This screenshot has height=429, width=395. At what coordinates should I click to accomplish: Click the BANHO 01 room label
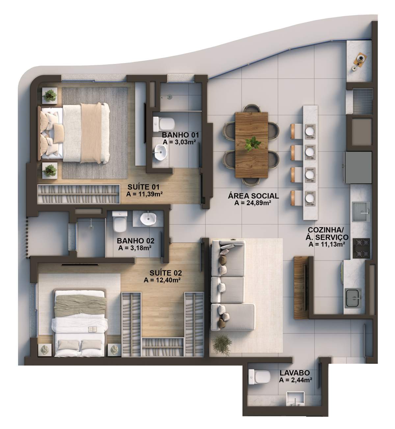click(180, 135)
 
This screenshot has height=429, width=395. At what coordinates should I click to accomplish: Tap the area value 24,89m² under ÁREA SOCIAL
click(252, 203)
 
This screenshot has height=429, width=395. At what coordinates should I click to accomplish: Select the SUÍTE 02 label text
click(166, 273)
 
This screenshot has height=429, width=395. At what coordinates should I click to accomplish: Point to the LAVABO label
click(295, 373)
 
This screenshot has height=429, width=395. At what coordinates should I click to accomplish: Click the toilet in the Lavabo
click(259, 377)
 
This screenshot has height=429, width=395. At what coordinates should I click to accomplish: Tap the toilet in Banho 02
click(120, 221)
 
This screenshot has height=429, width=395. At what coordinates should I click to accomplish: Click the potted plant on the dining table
click(253, 144)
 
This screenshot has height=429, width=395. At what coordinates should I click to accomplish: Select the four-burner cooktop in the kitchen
click(361, 248)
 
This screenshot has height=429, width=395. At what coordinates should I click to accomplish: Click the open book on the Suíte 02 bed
click(93, 329)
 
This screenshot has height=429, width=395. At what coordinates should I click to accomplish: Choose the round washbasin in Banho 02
click(148, 219)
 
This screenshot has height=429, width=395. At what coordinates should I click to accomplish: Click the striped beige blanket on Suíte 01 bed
click(91, 133)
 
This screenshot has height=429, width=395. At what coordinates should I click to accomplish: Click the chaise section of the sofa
click(233, 317)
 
